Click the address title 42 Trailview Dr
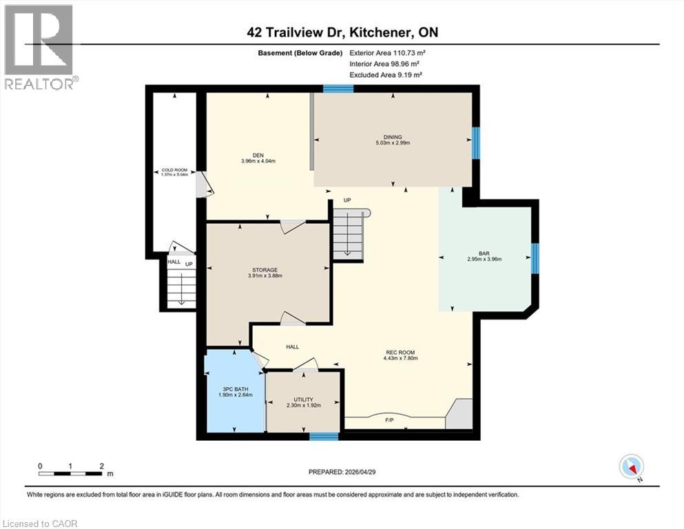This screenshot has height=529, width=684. pyautogui.click(x=342, y=32)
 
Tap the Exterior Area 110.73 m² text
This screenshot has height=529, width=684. pyautogui.click(x=384, y=52)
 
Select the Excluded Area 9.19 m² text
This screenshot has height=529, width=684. pyautogui.click(x=386, y=74)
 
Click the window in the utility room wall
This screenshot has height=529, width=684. pyautogui.click(x=324, y=436)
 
